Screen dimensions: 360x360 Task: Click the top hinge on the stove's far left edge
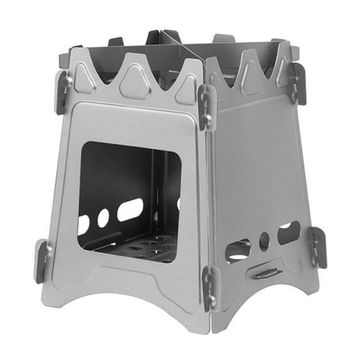(62, 91)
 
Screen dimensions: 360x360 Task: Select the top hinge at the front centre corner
(207, 106)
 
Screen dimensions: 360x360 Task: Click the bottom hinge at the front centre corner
(210, 287)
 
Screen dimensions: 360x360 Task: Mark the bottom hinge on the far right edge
(318, 246)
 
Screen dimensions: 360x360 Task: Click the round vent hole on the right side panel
(264, 241)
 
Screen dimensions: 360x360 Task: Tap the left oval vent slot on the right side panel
(237, 251)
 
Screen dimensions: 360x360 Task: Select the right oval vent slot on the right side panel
(289, 232)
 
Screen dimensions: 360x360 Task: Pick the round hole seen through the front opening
(103, 217)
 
